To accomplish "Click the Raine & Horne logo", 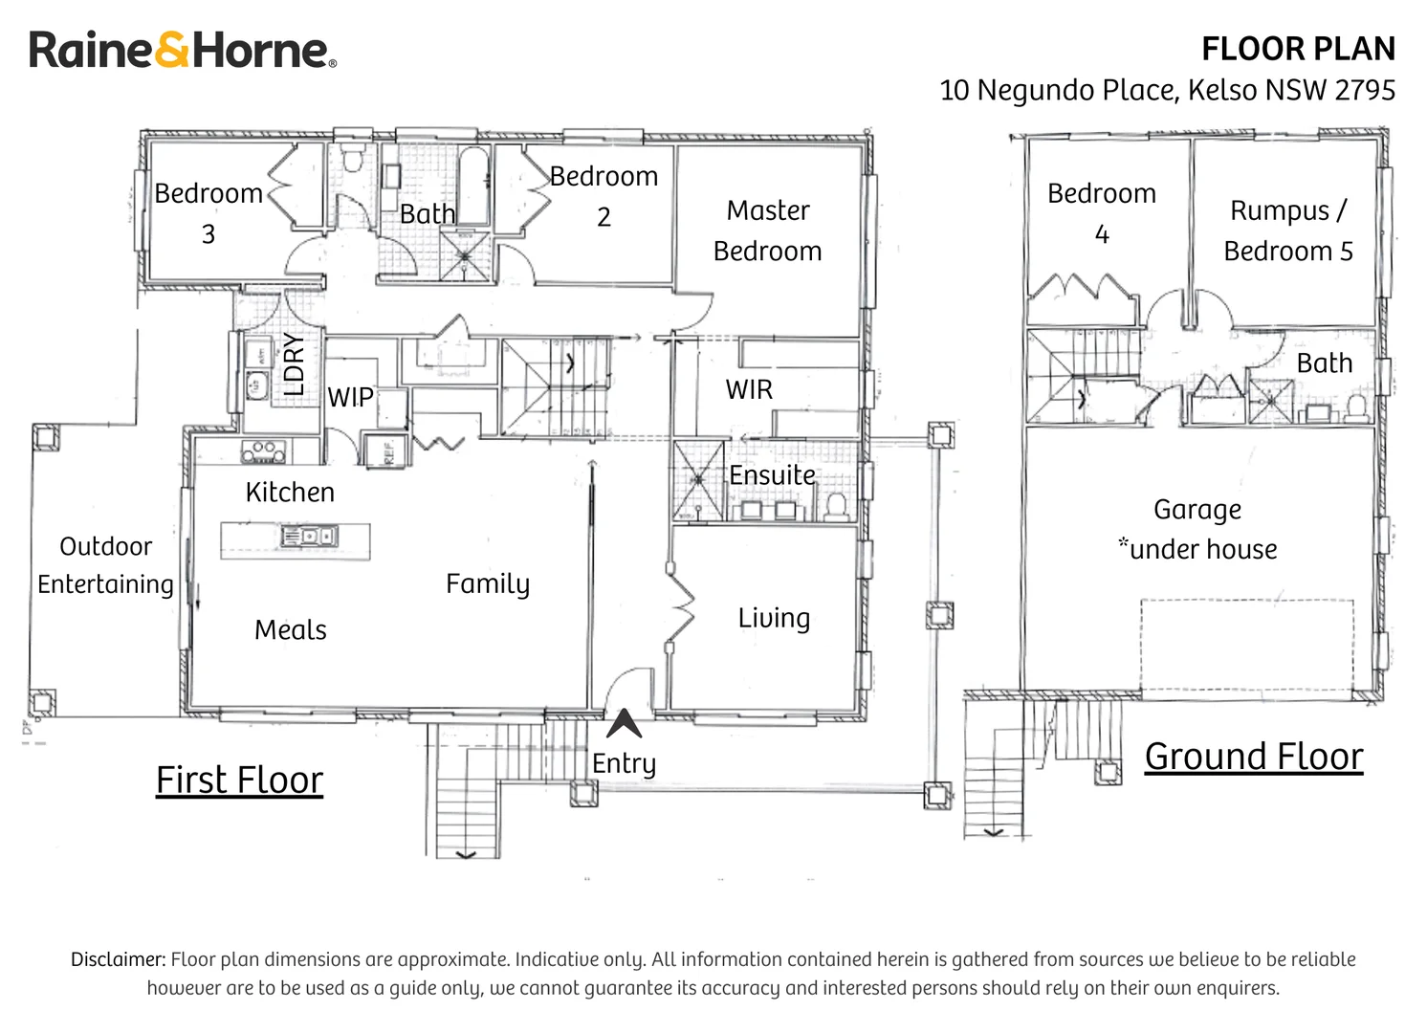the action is click(182, 49).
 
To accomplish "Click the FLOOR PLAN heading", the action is click(1298, 49).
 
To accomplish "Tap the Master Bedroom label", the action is click(768, 231).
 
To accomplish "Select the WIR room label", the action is click(749, 389).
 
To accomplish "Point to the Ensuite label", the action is click(772, 475).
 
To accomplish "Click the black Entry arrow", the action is click(624, 723).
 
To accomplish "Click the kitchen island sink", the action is click(310, 536).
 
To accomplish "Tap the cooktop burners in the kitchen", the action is click(263, 451).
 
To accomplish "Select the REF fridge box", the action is click(384, 451).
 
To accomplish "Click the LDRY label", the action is click(294, 363).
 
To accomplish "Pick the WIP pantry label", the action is click(350, 397).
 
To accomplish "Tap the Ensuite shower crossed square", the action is click(698, 479).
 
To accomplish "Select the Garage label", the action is click(1197, 510).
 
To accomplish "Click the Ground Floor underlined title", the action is click(1254, 757).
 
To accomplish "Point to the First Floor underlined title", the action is click(239, 780).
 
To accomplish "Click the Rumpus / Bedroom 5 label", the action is click(1288, 231).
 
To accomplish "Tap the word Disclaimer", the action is click(119, 959).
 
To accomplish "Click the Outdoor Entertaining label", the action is click(105, 565).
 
